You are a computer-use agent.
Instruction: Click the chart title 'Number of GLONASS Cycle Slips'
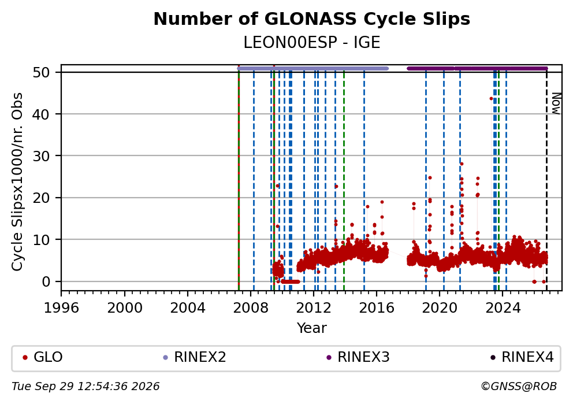(312, 19)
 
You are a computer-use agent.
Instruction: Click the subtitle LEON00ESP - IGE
(312, 42)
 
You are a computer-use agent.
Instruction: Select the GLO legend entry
(43, 357)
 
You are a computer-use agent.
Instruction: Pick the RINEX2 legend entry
(195, 357)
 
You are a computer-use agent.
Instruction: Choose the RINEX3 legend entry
(358, 357)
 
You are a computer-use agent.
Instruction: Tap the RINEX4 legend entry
(522, 357)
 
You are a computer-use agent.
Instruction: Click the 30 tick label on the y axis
(41, 156)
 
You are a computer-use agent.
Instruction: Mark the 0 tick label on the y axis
(46, 281)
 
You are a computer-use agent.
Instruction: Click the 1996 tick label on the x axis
(61, 308)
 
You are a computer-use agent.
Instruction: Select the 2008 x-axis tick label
(251, 308)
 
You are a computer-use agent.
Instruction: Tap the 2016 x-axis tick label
(377, 308)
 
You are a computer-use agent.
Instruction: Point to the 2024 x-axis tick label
(503, 308)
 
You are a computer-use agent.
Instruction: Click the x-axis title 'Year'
(312, 328)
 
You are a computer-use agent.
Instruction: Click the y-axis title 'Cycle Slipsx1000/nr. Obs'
(17, 181)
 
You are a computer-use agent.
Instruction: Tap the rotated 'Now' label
(556, 103)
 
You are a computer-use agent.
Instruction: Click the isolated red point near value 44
(491, 99)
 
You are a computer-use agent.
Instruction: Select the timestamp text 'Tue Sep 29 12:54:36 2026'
(85, 387)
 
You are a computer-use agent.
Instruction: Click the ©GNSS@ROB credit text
(519, 387)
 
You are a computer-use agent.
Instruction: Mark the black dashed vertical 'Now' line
(546, 179)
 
